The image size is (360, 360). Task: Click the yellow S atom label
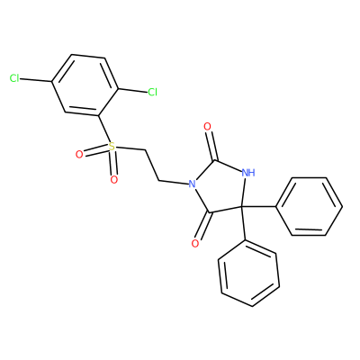(x=112, y=147)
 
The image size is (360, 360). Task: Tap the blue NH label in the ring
(x=248, y=173)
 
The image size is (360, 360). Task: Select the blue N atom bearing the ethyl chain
(x=193, y=184)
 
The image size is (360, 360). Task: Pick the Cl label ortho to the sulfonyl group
(x=153, y=92)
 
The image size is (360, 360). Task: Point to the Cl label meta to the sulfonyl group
(x=14, y=78)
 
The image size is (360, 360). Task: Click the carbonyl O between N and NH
(x=207, y=127)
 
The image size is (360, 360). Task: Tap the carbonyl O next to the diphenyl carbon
(x=195, y=244)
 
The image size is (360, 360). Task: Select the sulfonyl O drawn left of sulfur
(x=79, y=155)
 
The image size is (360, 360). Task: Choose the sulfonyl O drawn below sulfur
(x=113, y=180)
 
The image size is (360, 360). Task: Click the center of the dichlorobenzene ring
(x=85, y=85)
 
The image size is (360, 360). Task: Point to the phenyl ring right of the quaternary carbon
(x=309, y=206)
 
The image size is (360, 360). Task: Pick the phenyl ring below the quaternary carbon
(x=249, y=273)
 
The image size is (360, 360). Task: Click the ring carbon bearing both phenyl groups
(x=242, y=207)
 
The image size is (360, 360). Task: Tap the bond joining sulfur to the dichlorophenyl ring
(x=103, y=129)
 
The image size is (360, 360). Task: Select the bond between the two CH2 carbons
(x=152, y=165)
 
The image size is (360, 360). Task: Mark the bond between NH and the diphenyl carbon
(x=245, y=193)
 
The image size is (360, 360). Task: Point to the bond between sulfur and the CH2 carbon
(x=130, y=148)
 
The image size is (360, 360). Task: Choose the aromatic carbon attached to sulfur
(x=98, y=115)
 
